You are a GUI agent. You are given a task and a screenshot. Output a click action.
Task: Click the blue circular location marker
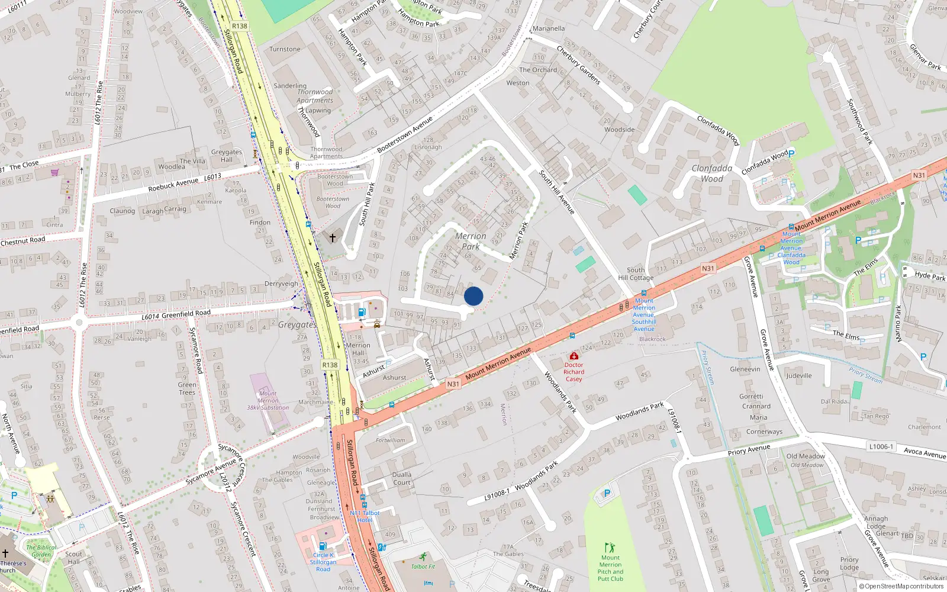pyautogui.click(x=474, y=296)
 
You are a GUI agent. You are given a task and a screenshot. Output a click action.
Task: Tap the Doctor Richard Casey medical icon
pyautogui.click(x=574, y=356)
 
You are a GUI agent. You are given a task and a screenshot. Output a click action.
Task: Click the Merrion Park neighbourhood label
pyautogui.click(x=471, y=241)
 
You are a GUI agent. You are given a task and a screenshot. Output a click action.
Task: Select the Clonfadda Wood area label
pyautogui.click(x=712, y=173)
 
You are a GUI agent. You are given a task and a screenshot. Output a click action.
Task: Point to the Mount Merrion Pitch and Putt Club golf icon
pyautogui.click(x=610, y=548)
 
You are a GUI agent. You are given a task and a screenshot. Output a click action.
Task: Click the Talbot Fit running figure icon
pyautogui.click(x=423, y=556)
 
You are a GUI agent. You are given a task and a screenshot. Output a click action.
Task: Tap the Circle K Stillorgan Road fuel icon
pyautogui.click(x=323, y=546)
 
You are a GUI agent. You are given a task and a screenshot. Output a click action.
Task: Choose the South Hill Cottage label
pyautogui.click(x=636, y=274)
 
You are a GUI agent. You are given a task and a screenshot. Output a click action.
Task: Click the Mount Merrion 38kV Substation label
pyautogui.click(x=268, y=400)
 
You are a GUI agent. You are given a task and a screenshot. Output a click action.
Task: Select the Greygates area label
pyautogui.click(x=297, y=324)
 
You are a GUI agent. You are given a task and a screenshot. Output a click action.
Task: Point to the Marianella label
pyautogui.click(x=549, y=28)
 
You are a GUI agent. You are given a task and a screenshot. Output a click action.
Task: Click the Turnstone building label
pyautogui.click(x=285, y=49)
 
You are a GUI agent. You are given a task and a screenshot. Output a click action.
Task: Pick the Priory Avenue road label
pyautogui.click(x=749, y=450)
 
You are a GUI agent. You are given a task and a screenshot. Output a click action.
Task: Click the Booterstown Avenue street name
pyautogui.click(x=405, y=135)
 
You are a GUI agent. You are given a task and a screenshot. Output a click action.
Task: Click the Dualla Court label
pyautogui.click(x=402, y=478)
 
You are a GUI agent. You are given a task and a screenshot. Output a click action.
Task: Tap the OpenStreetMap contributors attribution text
pyautogui.click(x=901, y=586)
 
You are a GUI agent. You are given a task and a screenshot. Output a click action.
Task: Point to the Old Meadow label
pyautogui.click(x=806, y=456)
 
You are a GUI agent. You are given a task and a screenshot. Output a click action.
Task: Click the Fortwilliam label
pyautogui.click(x=391, y=440)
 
